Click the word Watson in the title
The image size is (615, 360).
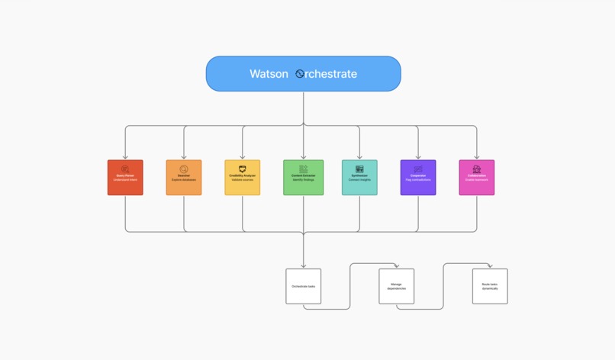pyautogui.click(x=269, y=74)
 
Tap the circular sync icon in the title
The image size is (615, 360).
pyautogui.click(x=300, y=74)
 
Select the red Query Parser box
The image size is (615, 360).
pyautogui.click(x=125, y=178)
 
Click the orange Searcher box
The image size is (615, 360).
pyautogui.click(x=184, y=178)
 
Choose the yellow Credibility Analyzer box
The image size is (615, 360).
pyautogui.click(x=243, y=178)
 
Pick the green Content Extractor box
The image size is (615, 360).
pyautogui.click(x=303, y=178)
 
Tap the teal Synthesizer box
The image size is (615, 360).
pyautogui.click(x=359, y=178)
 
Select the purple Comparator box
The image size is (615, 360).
pyautogui.click(x=418, y=178)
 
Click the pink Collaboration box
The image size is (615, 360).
pyautogui.click(x=477, y=178)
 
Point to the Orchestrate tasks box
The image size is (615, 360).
pyautogui.click(x=303, y=286)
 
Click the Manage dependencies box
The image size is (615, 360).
pyautogui.click(x=397, y=286)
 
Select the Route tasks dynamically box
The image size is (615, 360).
pyautogui.click(x=490, y=286)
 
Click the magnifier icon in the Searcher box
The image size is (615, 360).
pyautogui.click(x=184, y=169)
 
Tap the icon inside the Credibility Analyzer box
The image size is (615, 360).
pyautogui.click(x=243, y=169)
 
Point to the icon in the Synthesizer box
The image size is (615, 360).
pyautogui.click(x=359, y=169)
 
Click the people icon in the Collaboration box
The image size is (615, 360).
pyautogui.click(x=477, y=169)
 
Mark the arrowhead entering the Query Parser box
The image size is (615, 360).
pyautogui.click(x=125, y=157)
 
